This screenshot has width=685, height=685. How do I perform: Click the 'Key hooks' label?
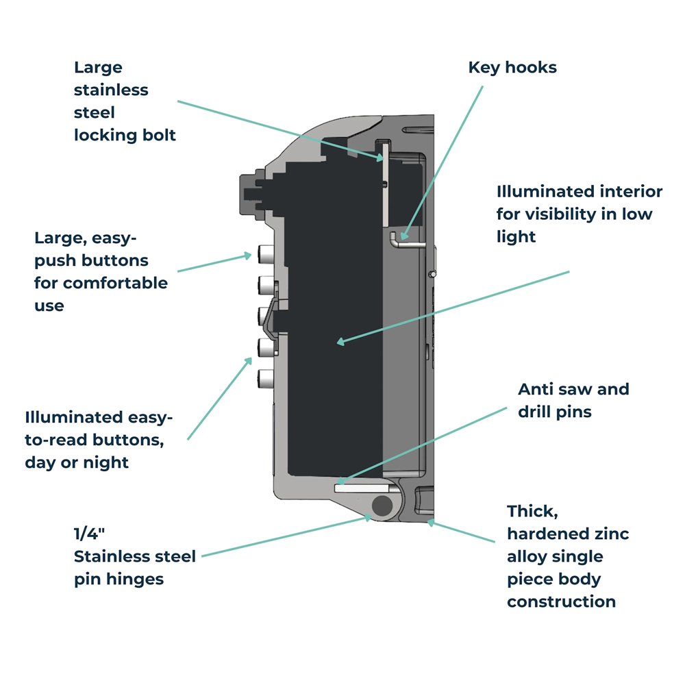coord(512,67)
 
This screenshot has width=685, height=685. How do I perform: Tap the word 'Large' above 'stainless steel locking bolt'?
coord(98,67)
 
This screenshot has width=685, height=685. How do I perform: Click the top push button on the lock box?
coord(265,258)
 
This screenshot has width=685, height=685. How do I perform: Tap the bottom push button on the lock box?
coord(265,377)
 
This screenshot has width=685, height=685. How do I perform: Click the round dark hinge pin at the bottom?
coord(382,506)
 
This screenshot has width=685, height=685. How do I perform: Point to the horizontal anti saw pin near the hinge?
coord(363,488)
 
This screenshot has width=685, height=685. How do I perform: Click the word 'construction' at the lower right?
coord(561,601)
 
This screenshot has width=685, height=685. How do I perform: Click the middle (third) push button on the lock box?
coord(265,316)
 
